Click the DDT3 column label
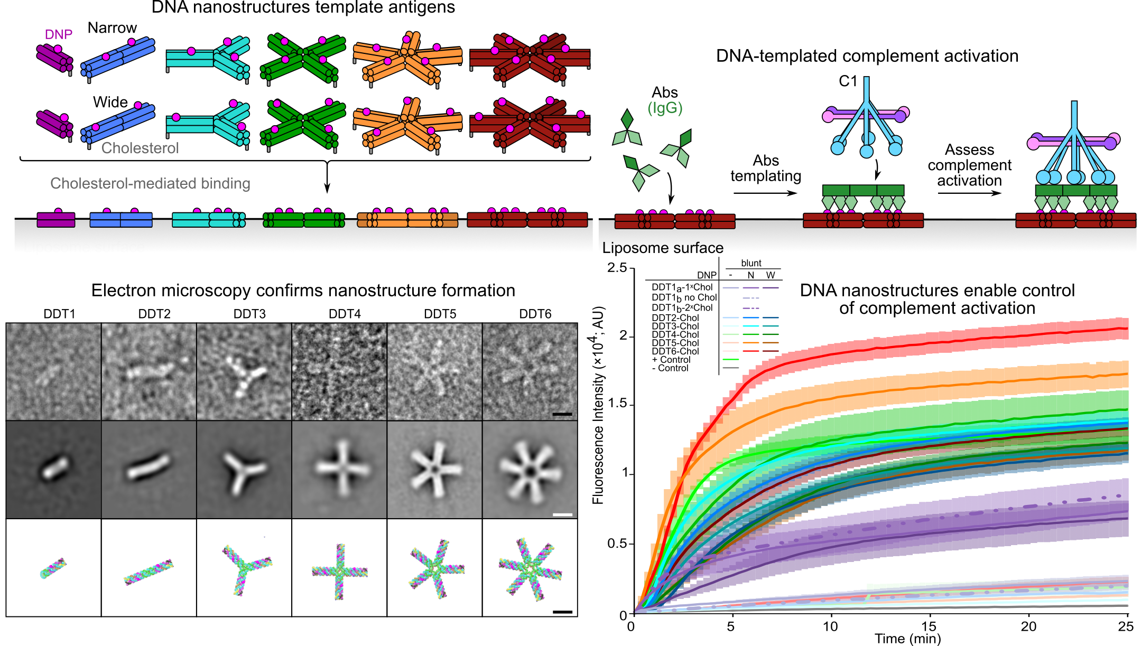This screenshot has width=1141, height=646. coord(249,314)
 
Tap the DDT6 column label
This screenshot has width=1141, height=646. coord(535,314)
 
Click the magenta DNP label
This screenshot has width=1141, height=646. coord(58,35)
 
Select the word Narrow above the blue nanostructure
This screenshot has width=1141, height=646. coord(112,28)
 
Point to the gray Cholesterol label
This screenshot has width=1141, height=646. coord(140,148)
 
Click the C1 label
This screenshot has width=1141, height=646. coord(848,81)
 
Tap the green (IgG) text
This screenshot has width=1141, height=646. coord(665,108)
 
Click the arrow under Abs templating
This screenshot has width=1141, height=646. coord(765,193)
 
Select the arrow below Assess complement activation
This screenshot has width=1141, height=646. coord(969,193)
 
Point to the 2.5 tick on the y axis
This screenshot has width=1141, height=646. coord(617,268)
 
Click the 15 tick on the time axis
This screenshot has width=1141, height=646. coord(929,626)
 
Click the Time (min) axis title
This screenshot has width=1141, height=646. coord(907,639)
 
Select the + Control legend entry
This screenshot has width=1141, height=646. coord(671,360)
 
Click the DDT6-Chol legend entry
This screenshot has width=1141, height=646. coord(675,351)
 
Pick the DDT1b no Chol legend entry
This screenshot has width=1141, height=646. coord(684,297)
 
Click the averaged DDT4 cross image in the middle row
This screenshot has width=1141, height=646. coord(342,469)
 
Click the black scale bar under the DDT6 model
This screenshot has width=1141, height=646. coord(562,612)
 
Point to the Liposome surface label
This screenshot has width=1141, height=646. coord(663,248)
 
